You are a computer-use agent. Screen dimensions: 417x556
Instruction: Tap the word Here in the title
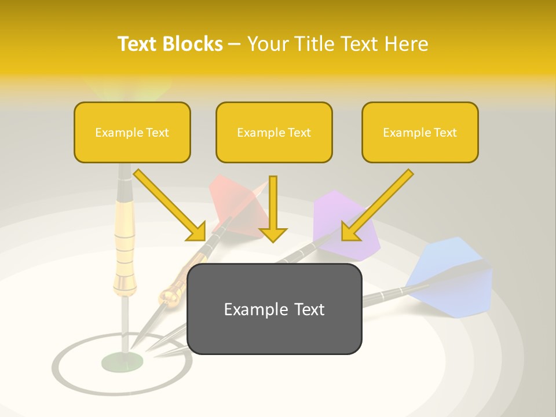click(407, 44)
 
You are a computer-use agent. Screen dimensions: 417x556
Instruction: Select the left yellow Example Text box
click(132, 133)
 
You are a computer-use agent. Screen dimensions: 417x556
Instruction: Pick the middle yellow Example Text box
click(274, 133)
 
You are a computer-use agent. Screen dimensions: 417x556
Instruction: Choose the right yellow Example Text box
click(420, 133)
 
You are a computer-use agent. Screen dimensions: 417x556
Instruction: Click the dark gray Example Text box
click(275, 309)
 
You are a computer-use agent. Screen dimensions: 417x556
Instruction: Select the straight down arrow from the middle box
click(273, 209)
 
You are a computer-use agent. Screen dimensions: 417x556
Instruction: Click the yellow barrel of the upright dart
click(125, 243)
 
